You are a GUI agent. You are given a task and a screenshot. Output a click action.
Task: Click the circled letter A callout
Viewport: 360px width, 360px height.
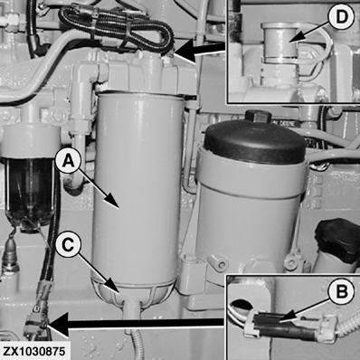click(68, 161)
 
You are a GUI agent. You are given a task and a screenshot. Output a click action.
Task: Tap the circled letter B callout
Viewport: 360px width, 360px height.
click(341, 292)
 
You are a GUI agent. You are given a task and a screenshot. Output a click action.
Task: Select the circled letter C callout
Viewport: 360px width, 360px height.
click(68, 245)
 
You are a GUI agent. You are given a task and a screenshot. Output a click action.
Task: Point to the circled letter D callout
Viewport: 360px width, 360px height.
click(341, 18)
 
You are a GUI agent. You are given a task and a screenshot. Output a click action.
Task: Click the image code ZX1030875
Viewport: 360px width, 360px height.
click(34, 352)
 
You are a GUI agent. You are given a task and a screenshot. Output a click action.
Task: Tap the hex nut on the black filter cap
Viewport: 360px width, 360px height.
click(256, 118)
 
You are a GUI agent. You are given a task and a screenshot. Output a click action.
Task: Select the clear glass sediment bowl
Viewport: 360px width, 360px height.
click(30, 193)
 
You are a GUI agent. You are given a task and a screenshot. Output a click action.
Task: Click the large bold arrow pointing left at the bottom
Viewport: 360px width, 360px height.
click(135, 324)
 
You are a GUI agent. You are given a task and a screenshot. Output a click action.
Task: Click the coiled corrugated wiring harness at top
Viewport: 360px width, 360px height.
click(116, 29)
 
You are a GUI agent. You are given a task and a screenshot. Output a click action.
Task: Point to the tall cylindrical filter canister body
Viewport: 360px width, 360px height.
click(138, 188)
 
